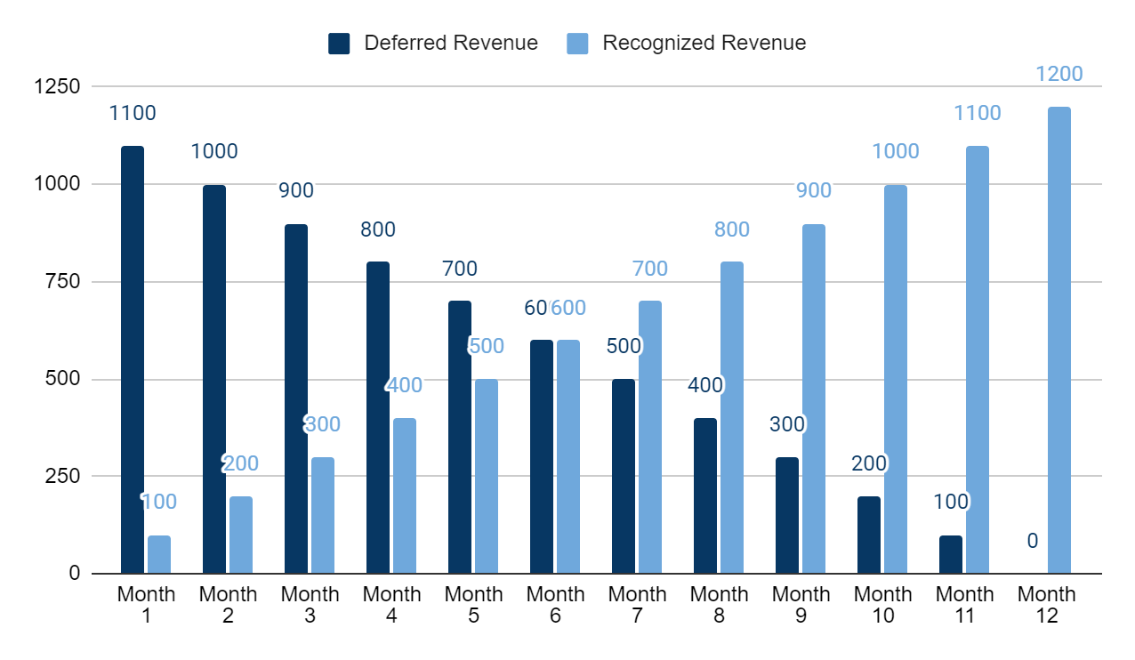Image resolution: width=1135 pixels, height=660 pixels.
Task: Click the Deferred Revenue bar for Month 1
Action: click(x=133, y=360)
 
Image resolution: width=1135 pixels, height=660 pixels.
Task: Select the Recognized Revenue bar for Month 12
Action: click(x=1059, y=341)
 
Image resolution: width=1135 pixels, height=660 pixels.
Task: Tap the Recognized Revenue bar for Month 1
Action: click(x=159, y=554)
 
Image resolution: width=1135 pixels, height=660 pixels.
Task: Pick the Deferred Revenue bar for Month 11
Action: click(x=951, y=554)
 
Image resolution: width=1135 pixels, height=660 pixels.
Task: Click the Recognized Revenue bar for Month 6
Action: click(x=568, y=457)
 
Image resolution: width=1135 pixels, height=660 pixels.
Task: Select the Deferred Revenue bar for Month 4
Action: click(x=378, y=418)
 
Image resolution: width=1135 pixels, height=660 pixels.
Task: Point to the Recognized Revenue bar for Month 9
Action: click(x=814, y=398)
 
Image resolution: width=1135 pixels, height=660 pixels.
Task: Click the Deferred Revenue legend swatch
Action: click(x=339, y=44)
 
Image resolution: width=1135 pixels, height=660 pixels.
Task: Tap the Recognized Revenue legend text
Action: click(x=704, y=44)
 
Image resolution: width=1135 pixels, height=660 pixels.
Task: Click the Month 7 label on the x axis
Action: click(x=637, y=604)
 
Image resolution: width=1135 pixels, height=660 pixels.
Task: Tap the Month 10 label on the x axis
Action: click(x=882, y=604)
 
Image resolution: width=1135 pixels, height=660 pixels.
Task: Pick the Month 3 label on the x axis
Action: click(x=310, y=604)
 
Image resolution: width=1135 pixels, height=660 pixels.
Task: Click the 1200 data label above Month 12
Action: click(x=1059, y=74)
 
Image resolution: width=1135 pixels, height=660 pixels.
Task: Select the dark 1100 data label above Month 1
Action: click(x=133, y=113)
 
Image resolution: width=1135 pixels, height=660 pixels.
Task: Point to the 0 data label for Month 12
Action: click(x=1033, y=541)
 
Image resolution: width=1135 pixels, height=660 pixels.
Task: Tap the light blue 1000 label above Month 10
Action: click(x=896, y=152)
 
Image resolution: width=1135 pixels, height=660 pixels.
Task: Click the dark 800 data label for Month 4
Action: click(x=378, y=229)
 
